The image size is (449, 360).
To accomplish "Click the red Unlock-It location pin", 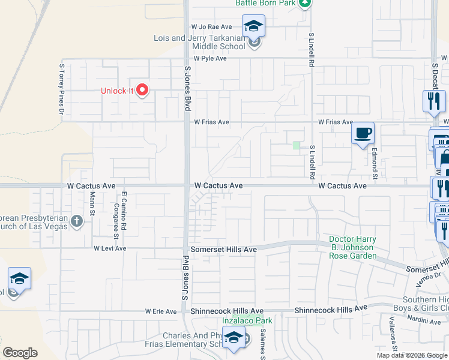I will click(142, 90).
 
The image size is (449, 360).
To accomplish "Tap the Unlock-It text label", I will click(116, 91).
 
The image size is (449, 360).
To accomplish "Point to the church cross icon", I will click(76, 221).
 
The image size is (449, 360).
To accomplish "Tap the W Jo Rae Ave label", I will click(211, 27).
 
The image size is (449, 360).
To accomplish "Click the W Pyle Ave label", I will click(210, 58).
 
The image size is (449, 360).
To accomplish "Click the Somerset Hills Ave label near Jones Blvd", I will click(223, 249).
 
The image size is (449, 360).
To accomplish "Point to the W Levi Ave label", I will click(110, 248).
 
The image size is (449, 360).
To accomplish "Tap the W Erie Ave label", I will click(161, 311).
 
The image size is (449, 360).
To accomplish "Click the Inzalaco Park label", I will click(247, 320).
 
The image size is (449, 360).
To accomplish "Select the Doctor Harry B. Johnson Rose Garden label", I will click(352, 248).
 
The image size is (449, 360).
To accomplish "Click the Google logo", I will click(20, 353).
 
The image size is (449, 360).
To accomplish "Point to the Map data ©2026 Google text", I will click(412, 355).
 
